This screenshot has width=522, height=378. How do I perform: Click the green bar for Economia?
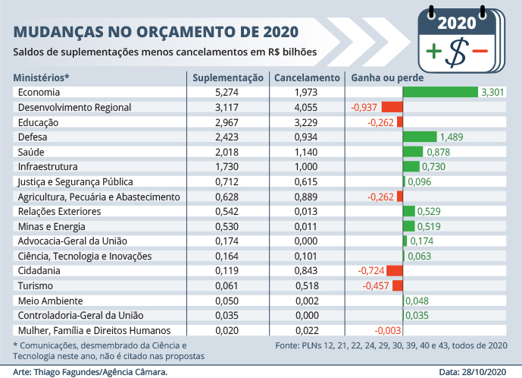pos(440,93)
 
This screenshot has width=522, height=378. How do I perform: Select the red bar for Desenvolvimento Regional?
pos(392,107)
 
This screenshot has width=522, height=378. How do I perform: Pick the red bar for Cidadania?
pos(395,270)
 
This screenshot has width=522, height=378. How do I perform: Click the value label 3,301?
pos(493,93)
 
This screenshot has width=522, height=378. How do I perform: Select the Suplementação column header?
pos(227,77)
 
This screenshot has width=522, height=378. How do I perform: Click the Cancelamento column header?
pos(306,77)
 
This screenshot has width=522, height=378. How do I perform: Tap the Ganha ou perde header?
pos(386,77)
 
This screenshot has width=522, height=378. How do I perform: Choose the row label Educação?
pos(38,122)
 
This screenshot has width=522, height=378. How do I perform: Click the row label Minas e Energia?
pos(49,226)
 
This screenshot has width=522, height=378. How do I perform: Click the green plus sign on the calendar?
pos(433,52)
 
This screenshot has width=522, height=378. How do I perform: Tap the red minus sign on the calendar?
pos(480,51)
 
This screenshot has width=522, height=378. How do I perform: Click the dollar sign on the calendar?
pos(456,51)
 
